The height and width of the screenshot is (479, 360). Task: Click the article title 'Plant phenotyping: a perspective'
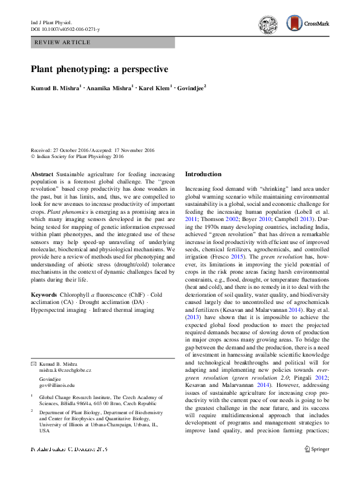pyautogui.click(x=99, y=69)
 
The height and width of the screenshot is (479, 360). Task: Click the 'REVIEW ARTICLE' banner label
pyautogui.click(x=63, y=42)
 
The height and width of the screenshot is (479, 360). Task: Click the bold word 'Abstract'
pyautogui.click(x=43, y=174)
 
